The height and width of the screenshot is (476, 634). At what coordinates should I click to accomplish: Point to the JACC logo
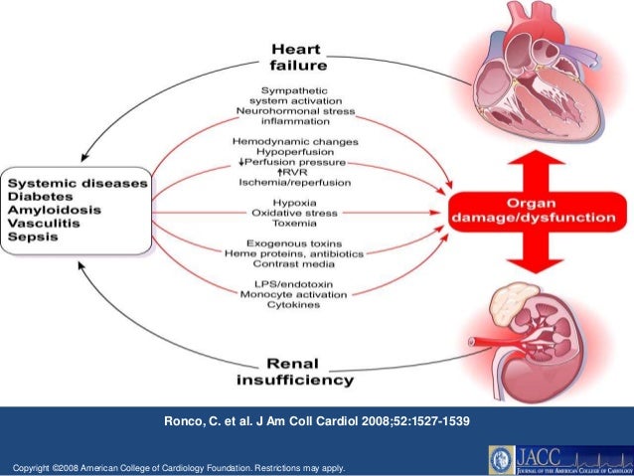556,459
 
